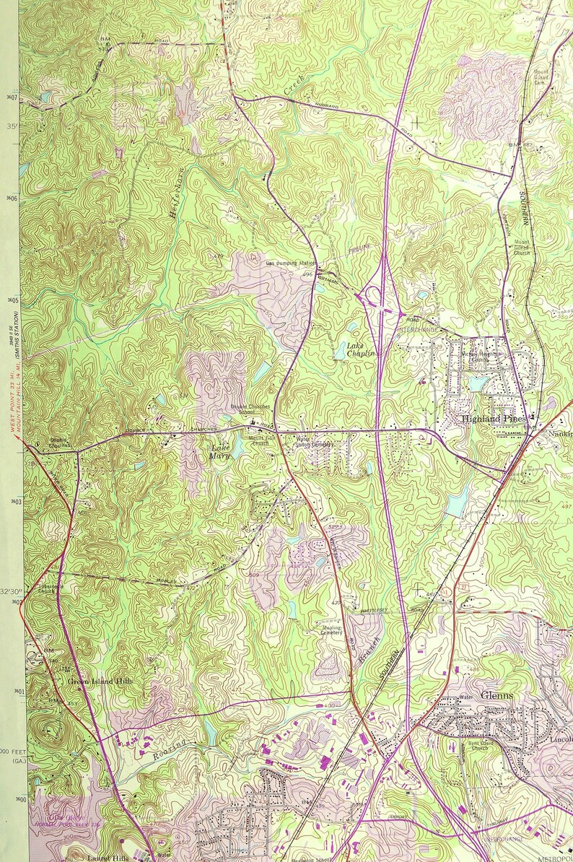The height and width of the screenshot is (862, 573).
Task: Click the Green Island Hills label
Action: point(100,681)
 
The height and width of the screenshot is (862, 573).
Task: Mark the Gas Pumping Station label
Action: point(292,264)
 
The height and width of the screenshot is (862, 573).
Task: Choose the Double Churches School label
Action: point(250,409)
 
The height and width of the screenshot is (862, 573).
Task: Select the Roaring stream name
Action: point(170,748)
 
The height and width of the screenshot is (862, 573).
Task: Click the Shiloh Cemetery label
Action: point(315,445)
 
